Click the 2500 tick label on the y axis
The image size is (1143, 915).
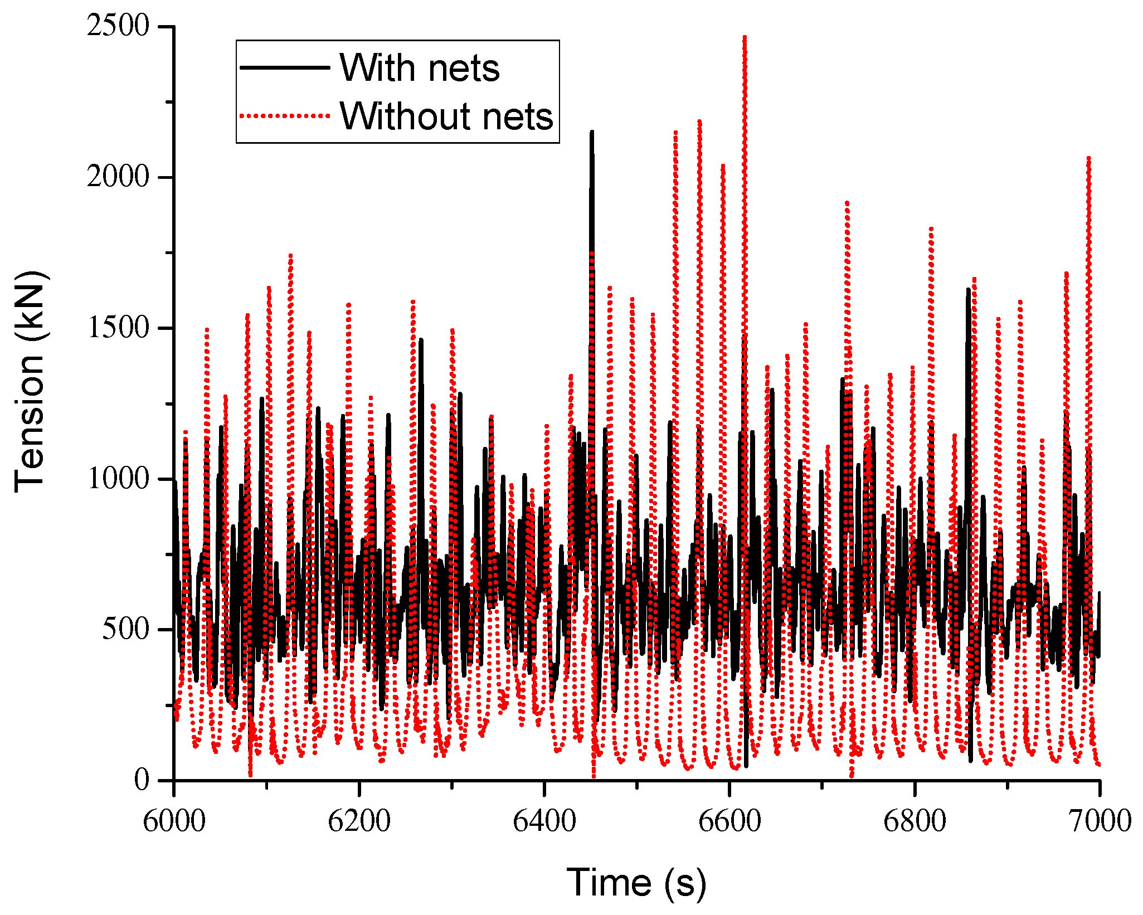coord(118,26)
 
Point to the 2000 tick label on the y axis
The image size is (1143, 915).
coord(118,177)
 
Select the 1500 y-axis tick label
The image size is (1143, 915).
coord(118,328)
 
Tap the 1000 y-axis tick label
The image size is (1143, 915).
coord(118,479)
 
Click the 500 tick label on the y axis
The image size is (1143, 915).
coord(125,629)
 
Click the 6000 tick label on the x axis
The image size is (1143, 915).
coord(174,821)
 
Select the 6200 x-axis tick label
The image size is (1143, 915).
coord(359,821)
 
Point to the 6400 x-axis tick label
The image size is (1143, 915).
coord(544,821)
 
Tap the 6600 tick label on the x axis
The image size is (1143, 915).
coord(729,821)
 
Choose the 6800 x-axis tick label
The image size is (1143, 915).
coord(915,821)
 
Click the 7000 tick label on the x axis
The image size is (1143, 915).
coord(1100,821)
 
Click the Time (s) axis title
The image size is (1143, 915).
coord(636,883)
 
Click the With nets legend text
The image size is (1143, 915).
coord(419,67)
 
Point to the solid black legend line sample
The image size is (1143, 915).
coord(285,67)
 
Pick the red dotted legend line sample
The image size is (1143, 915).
coord(285,116)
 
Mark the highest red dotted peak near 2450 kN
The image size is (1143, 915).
coord(745,38)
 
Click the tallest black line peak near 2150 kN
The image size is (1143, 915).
coord(592,133)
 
